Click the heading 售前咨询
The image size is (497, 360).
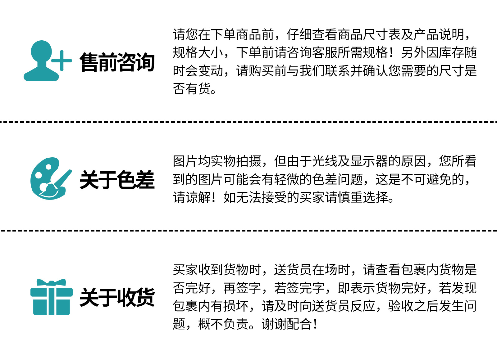[117, 62]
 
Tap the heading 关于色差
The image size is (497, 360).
[117, 180]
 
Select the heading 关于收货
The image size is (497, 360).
[117, 297]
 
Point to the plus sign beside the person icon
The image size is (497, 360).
[62, 61]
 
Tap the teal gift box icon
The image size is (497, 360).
[51, 299]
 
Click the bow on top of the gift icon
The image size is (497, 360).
[51, 282]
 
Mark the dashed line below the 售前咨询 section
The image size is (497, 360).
[248, 122]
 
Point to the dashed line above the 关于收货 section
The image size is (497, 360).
[248, 230]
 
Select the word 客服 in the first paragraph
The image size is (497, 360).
[325, 52]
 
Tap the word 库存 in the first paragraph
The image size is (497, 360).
[445, 52]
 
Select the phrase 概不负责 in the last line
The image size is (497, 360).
[223, 324]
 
